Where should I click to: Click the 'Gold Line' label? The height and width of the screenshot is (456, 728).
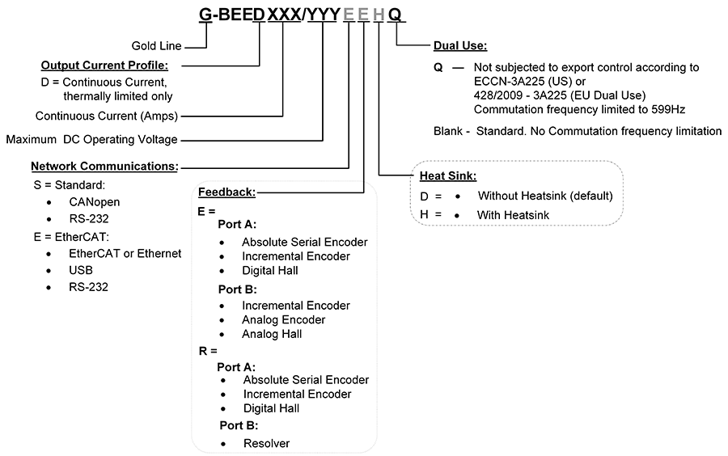[156, 46]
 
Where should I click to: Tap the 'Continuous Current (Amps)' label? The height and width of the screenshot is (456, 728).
[106, 116]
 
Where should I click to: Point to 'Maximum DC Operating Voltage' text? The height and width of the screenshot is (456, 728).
[91, 140]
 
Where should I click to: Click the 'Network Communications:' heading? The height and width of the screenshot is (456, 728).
[104, 166]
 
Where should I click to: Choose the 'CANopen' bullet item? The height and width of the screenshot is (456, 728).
[94, 201]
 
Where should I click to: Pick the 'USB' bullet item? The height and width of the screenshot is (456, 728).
[82, 270]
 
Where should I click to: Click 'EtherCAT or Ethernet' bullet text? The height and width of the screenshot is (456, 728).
[125, 253]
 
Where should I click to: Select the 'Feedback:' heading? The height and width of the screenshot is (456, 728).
[227, 192]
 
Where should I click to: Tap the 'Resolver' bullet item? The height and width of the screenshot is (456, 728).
[266, 443]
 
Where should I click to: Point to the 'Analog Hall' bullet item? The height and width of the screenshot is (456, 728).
[272, 334]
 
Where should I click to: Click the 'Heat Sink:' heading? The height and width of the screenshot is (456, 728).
[447, 175]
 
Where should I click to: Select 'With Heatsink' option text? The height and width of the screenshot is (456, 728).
[514, 215]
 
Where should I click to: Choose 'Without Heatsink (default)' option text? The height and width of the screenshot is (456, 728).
[545, 196]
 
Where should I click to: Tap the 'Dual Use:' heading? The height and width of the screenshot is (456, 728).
[460, 46]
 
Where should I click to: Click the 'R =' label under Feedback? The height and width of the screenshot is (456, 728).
[208, 352]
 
